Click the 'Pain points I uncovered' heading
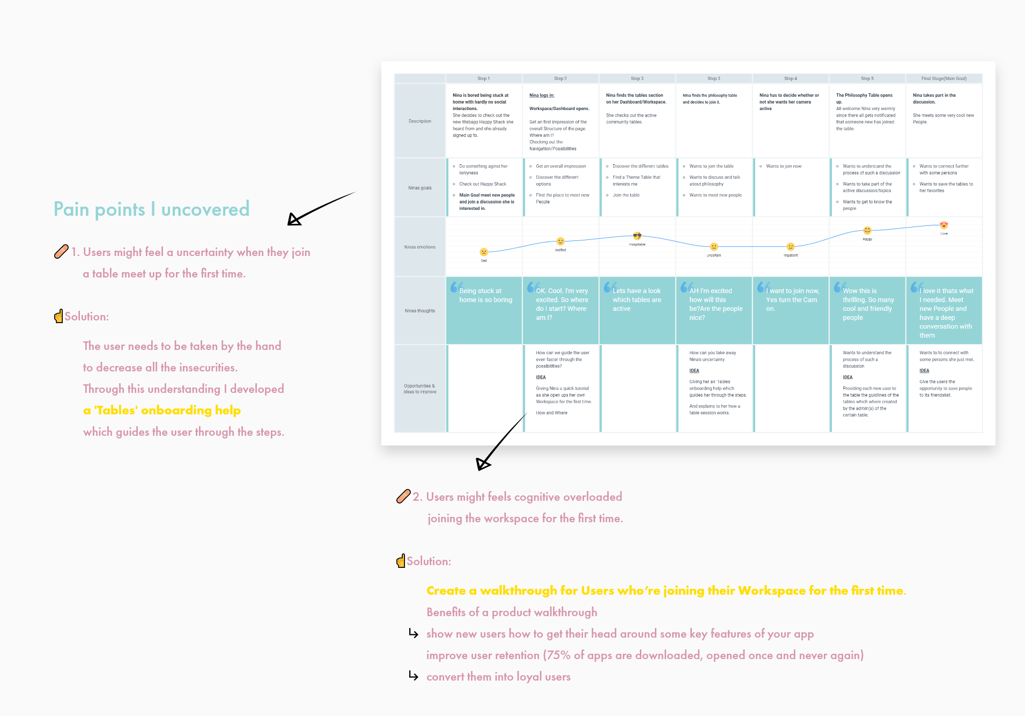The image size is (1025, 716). pos(151,209)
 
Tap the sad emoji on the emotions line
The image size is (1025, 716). pos(484,252)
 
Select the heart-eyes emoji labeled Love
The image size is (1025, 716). pos(944,225)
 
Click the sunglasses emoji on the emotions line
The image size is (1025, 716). pos(637,236)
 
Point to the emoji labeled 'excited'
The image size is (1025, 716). pos(561,242)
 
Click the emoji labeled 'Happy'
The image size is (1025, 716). pos(867,231)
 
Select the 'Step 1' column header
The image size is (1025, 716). pos(484,78)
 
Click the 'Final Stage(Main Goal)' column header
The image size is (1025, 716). pos(944,78)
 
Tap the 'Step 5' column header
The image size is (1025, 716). pos(867,78)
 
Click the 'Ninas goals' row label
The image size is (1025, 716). pos(420,188)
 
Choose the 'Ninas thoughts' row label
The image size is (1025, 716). pos(420,311)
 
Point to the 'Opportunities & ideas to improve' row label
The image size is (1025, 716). pos(420,389)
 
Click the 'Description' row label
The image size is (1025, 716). pos(420,121)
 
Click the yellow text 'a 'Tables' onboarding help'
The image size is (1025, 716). pos(162,411)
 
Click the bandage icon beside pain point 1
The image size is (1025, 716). pos(61,251)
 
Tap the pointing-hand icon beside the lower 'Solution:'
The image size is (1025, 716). pos(401,561)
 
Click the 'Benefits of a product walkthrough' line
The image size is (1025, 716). pos(512,612)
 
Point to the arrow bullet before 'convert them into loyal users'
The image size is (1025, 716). pos(414,676)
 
